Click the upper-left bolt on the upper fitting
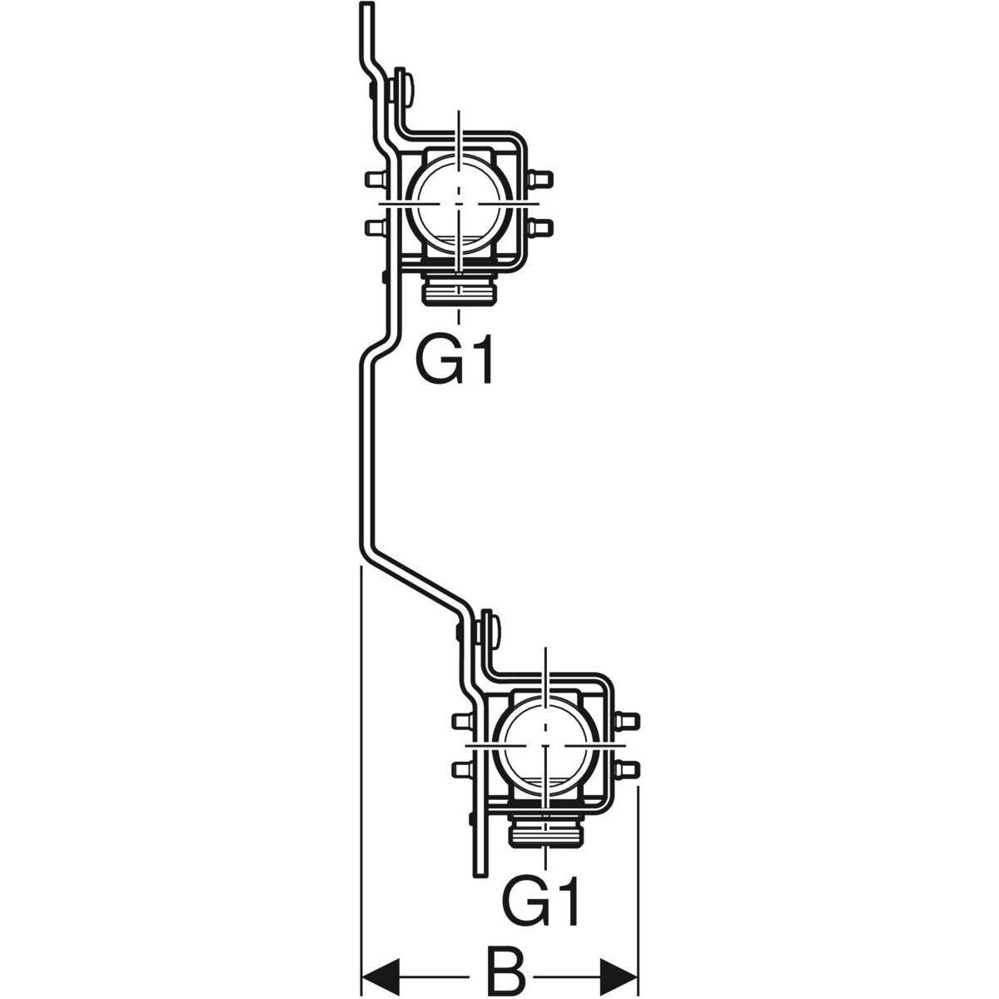(374, 178)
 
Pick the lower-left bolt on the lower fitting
(460, 768)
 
